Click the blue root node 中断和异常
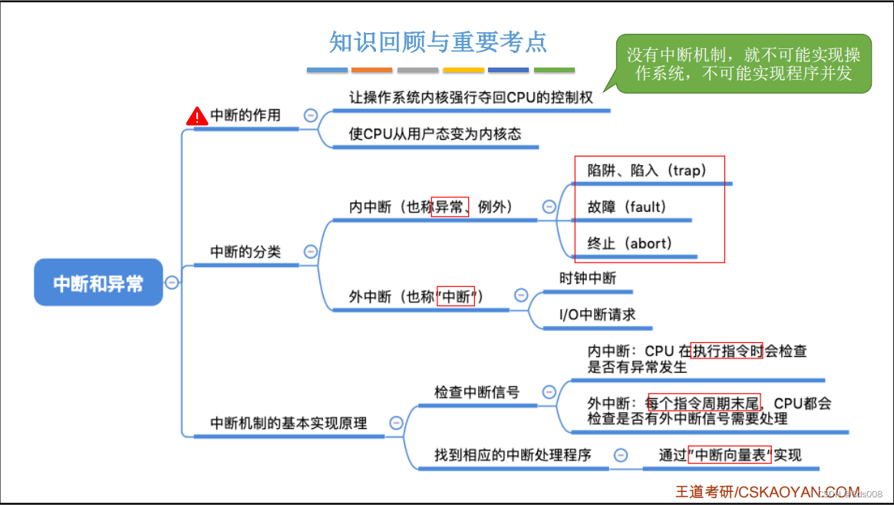pyautogui.click(x=98, y=282)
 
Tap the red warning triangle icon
pyautogui.click(x=197, y=116)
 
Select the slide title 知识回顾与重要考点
pyautogui.click(x=438, y=41)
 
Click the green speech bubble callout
pyautogui.click(x=743, y=64)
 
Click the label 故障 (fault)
pyautogui.click(x=627, y=206)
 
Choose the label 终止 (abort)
pyautogui.click(x=629, y=243)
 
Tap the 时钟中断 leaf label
pyautogui.click(x=588, y=278)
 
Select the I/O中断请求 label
pyautogui.click(x=597, y=315)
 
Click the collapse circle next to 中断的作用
pyautogui.click(x=311, y=115)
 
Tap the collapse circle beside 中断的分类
pyautogui.click(x=311, y=251)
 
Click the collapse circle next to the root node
pyautogui.click(x=173, y=282)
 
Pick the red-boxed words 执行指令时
pyautogui.click(x=727, y=352)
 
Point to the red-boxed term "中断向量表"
pyautogui.click(x=730, y=454)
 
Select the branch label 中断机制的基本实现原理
pyautogui.click(x=289, y=423)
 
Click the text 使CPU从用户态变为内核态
pyautogui.click(x=435, y=134)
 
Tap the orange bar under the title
pyautogui.click(x=372, y=70)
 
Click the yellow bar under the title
pyautogui.click(x=463, y=70)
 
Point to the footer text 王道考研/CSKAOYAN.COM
pyautogui.click(x=767, y=491)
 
